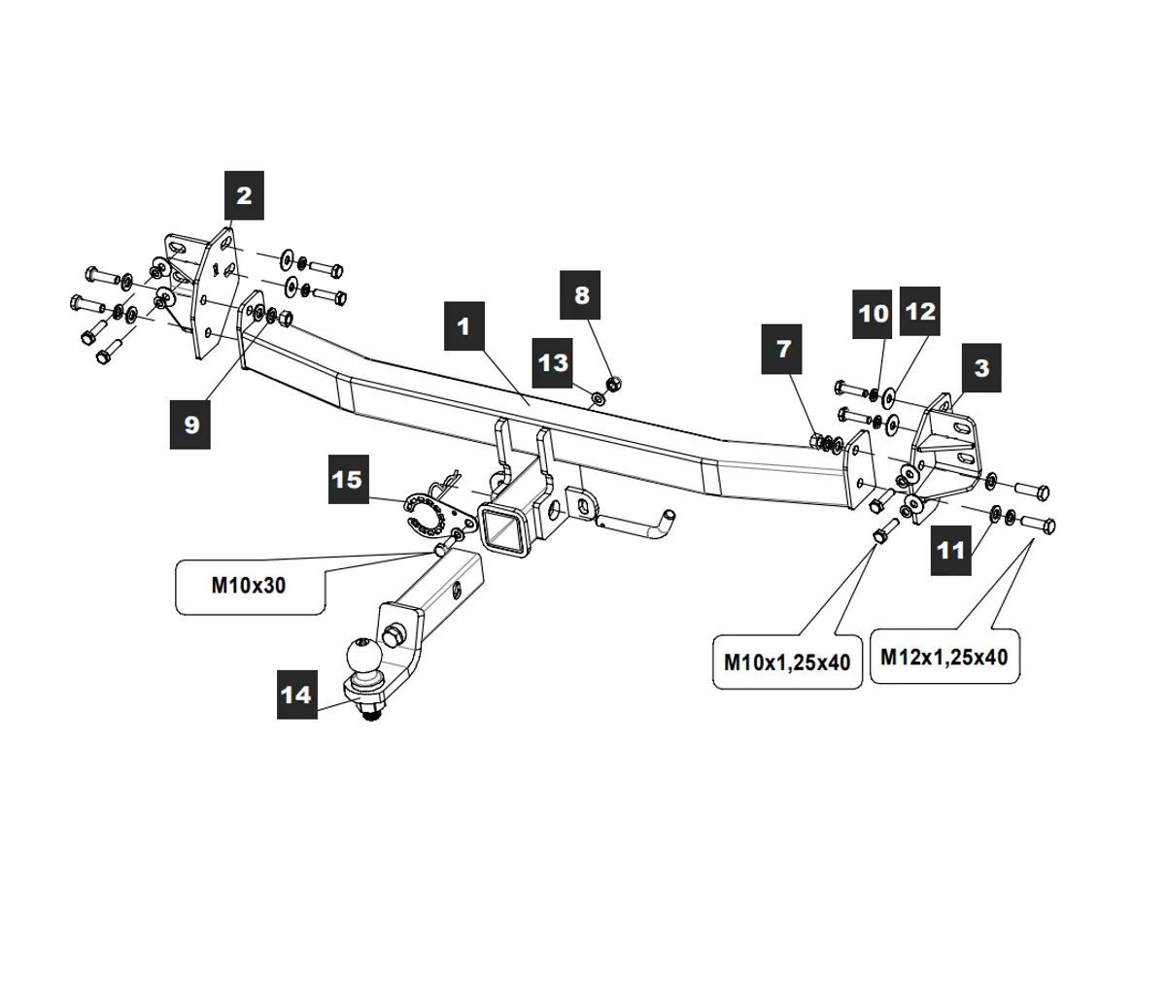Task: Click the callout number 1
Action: pos(463,325)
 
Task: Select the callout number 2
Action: pos(244,194)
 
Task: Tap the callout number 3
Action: pos(981,367)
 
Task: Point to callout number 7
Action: pos(784,348)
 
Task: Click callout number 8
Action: pos(581,294)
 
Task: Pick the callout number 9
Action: pos(190,424)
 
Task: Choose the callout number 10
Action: pos(874,313)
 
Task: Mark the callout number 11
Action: pos(950,550)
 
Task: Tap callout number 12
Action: pos(919,311)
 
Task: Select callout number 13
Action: pos(553,362)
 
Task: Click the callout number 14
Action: pos(296,695)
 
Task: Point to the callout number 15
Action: pos(346,479)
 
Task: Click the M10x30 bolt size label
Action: pos(249,586)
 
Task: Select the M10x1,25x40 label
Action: pos(787,662)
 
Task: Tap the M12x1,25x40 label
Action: pos(943,657)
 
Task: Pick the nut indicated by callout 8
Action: pos(612,382)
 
